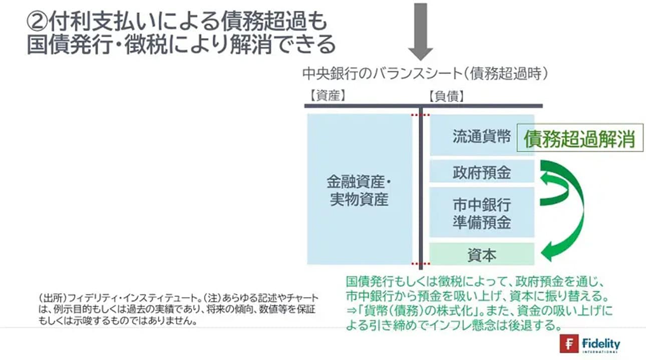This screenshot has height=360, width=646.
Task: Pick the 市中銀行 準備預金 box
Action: coord(482,213)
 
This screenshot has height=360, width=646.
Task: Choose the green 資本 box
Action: coord(482,255)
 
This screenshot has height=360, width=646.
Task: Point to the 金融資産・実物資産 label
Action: coord(359,191)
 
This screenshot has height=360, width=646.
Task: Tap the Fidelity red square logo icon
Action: coord(569,344)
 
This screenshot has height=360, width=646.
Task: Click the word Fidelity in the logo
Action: coord(601,343)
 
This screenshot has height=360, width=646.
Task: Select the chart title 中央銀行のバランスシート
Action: coord(380,74)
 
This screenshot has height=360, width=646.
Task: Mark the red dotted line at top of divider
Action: coord(420,115)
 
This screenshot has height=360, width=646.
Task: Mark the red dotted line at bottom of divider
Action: coord(420,263)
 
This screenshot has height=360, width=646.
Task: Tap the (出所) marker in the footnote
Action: coord(48,297)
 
